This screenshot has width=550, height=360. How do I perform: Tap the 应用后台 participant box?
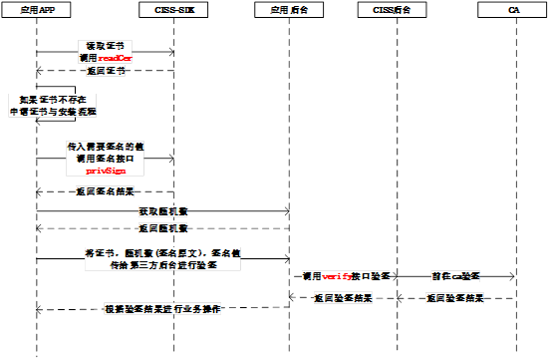pyautogui.click(x=288, y=10)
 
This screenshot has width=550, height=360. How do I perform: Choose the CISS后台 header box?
pyautogui.click(x=396, y=10)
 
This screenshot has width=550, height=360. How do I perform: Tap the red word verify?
pyautogui.click(x=336, y=273)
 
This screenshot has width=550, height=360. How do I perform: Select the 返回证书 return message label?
pyautogui.click(x=105, y=71)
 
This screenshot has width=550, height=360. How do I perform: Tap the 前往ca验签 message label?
pyautogui.click(x=455, y=273)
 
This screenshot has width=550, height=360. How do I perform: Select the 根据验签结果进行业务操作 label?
pyautogui.click(x=161, y=309)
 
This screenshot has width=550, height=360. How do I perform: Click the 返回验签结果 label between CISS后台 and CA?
pyautogui.click(x=455, y=298)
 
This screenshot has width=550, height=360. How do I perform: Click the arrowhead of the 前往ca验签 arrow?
pyautogui.click(x=511, y=273)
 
